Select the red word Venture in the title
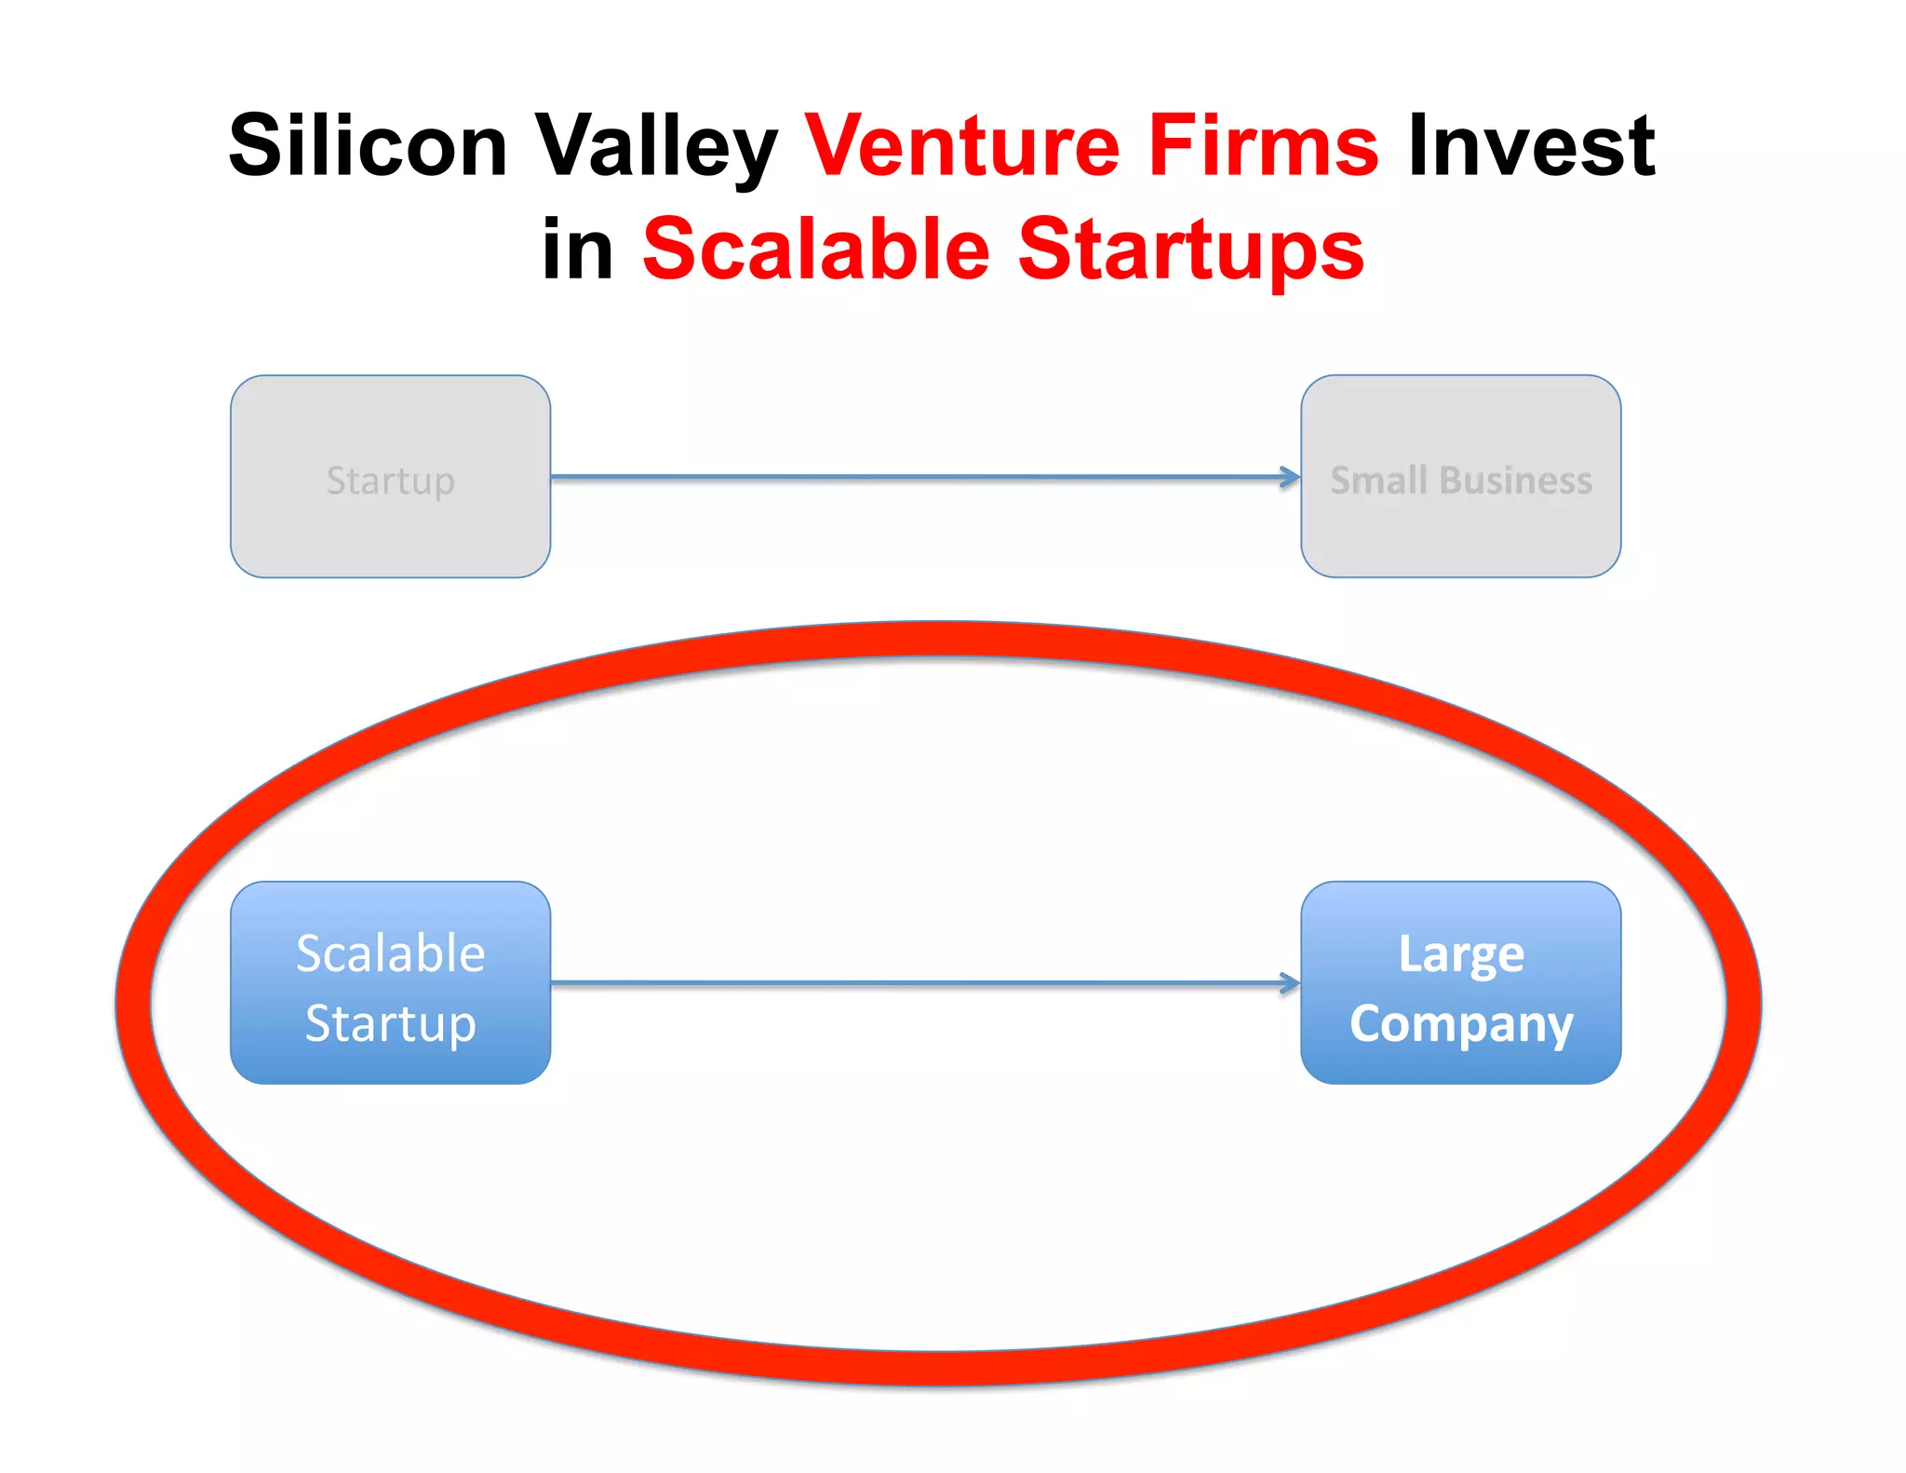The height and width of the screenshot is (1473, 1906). (x=962, y=145)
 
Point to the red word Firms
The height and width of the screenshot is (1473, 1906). (x=1263, y=145)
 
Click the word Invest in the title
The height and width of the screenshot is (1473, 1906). (x=1531, y=145)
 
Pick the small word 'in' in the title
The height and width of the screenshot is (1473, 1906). (x=578, y=249)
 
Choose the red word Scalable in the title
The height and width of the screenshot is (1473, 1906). (x=816, y=249)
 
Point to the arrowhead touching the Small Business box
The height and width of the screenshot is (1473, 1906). (x=1291, y=477)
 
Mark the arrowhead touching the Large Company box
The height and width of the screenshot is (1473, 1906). (x=1291, y=982)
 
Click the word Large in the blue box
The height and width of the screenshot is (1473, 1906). (x=1461, y=955)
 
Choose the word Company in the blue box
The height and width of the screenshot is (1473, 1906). (x=1461, y=1025)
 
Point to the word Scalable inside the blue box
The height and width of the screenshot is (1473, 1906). (x=390, y=953)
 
